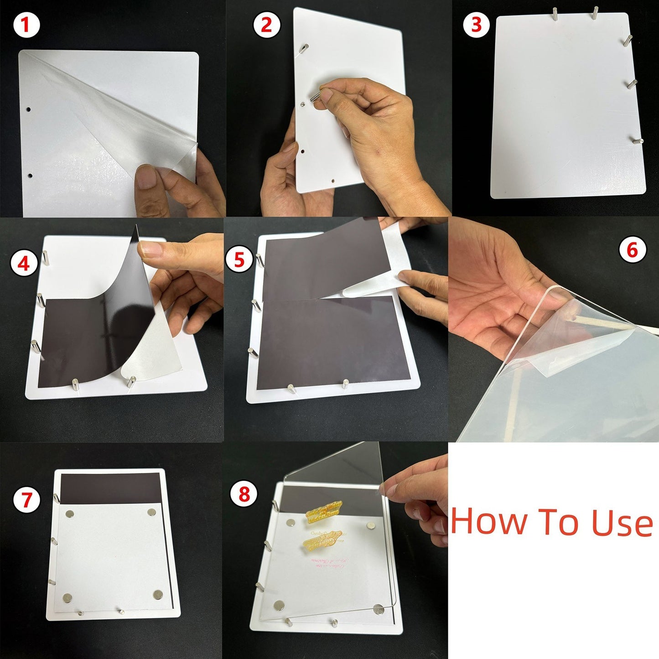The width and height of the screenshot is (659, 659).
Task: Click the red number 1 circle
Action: pyautogui.click(x=26, y=25)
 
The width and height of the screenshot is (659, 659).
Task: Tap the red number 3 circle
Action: pyautogui.click(x=476, y=25)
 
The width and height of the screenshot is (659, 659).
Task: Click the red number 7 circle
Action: pyautogui.click(x=26, y=499)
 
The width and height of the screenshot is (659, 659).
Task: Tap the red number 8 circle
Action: pyautogui.click(x=244, y=494)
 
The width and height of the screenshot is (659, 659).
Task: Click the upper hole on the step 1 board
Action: pyautogui.click(x=28, y=110)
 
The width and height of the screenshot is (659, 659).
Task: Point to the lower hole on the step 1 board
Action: pyautogui.click(x=30, y=175)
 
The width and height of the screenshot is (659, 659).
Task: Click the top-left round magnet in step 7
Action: pyautogui.click(x=70, y=514)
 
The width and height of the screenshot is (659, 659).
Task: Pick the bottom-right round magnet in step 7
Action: pyautogui.click(x=158, y=594)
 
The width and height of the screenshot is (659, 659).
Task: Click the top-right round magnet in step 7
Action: pyautogui.click(x=152, y=513)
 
